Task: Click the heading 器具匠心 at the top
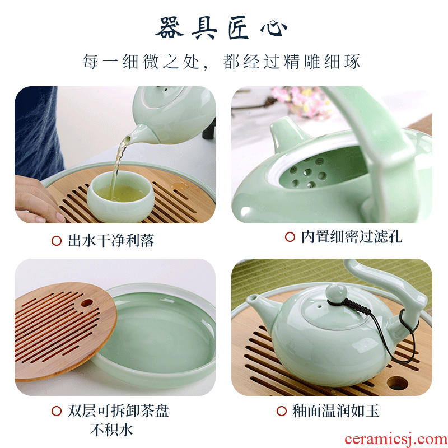pos(221,28)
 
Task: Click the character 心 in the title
pos(274,29)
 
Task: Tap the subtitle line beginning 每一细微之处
pos(221,62)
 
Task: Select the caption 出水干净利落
pos(111,240)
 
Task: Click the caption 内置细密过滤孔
pos(352,237)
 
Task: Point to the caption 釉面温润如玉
pos(335,411)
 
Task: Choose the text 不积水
pos(111,430)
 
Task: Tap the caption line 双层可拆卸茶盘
pos(118,411)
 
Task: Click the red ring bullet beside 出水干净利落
pos(57,241)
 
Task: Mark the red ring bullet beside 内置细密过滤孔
pos(290,237)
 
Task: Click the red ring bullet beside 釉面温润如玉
pos(282,411)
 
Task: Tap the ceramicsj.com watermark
pos(396,438)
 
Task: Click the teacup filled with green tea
pos(120,197)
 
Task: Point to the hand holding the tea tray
pos(37,200)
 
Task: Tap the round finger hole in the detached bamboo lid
pos(87,302)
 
